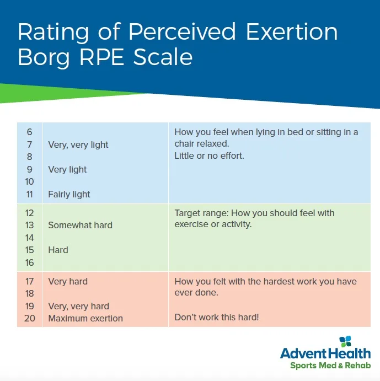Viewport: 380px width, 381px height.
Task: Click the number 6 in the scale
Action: [x=29, y=132]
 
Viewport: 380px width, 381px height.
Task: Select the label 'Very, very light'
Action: [x=78, y=145]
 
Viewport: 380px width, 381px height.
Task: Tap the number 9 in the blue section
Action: [x=29, y=170]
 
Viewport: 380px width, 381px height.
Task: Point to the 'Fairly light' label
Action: [x=69, y=195]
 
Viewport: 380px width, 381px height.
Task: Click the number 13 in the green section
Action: [x=29, y=226]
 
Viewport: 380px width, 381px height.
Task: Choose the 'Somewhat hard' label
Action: [x=80, y=226]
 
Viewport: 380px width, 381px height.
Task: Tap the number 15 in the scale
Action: [x=29, y=250]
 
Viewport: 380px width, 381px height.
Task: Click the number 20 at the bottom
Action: [x=29, y=319]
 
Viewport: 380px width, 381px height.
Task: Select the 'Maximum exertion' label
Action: [x=85, y=319]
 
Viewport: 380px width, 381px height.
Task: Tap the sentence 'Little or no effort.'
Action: [x=209, y=156]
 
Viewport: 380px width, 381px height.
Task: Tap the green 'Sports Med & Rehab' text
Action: [x=331, y=365]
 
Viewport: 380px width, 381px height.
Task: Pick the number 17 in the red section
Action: [x=29, y=282]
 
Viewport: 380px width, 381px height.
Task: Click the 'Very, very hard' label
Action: [x=78, y=307]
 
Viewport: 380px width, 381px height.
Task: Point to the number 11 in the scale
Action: [x=29, y=195]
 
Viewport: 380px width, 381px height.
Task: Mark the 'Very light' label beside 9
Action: [x=67, y=170]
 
